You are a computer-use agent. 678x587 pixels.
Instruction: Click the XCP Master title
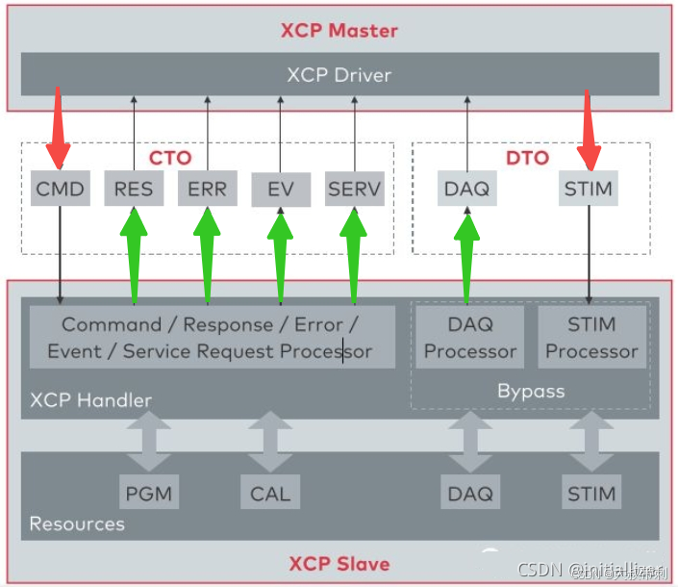point(339,30)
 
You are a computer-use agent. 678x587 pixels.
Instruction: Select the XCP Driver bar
point(339,74)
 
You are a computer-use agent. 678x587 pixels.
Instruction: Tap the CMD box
point(60,189)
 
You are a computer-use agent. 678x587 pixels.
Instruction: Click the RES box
point(133,189)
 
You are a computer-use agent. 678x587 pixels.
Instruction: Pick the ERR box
point(207,189)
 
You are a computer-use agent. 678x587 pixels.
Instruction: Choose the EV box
point(281,190)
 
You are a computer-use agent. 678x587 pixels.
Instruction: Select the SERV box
point(354,189)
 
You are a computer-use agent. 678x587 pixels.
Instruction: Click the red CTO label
point(169,157)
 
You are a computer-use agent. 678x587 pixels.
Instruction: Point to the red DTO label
point(526,157)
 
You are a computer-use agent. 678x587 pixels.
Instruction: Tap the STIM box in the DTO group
point(588,189)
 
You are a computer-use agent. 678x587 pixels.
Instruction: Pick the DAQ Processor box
point(469,338)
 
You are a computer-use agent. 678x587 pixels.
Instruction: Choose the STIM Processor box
point(591,338)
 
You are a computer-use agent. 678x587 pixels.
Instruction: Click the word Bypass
point(531,391)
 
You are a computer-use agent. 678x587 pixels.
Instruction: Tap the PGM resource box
point(149,494)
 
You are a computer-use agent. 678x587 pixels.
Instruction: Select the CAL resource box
point(269,494)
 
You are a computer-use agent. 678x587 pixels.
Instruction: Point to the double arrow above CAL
point(270,442)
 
